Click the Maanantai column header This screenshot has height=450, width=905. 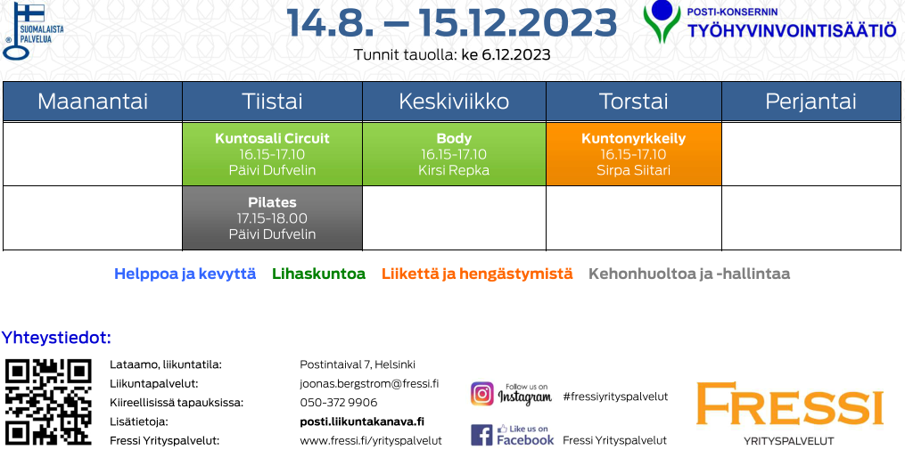93,102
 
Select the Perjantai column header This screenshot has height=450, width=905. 810,102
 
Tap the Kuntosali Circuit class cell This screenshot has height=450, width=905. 273,154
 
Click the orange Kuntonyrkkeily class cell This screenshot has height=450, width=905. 634,154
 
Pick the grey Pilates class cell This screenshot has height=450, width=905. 273,218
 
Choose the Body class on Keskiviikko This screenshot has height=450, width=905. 454,154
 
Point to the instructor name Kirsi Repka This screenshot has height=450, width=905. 454,170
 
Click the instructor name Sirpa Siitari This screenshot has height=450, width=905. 634,170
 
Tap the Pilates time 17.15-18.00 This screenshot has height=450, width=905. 273,218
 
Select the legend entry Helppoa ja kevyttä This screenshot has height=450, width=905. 185,274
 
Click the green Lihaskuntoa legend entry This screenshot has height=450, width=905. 318,274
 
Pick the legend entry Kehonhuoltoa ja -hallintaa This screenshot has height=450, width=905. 689,274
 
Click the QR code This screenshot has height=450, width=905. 48,402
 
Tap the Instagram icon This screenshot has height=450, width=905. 482,394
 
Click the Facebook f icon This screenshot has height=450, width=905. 482,435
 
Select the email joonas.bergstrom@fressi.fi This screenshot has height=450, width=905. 369,384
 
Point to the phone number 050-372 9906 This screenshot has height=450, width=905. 339,402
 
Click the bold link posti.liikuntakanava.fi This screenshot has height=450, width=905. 362,421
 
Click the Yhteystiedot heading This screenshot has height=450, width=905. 56,338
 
